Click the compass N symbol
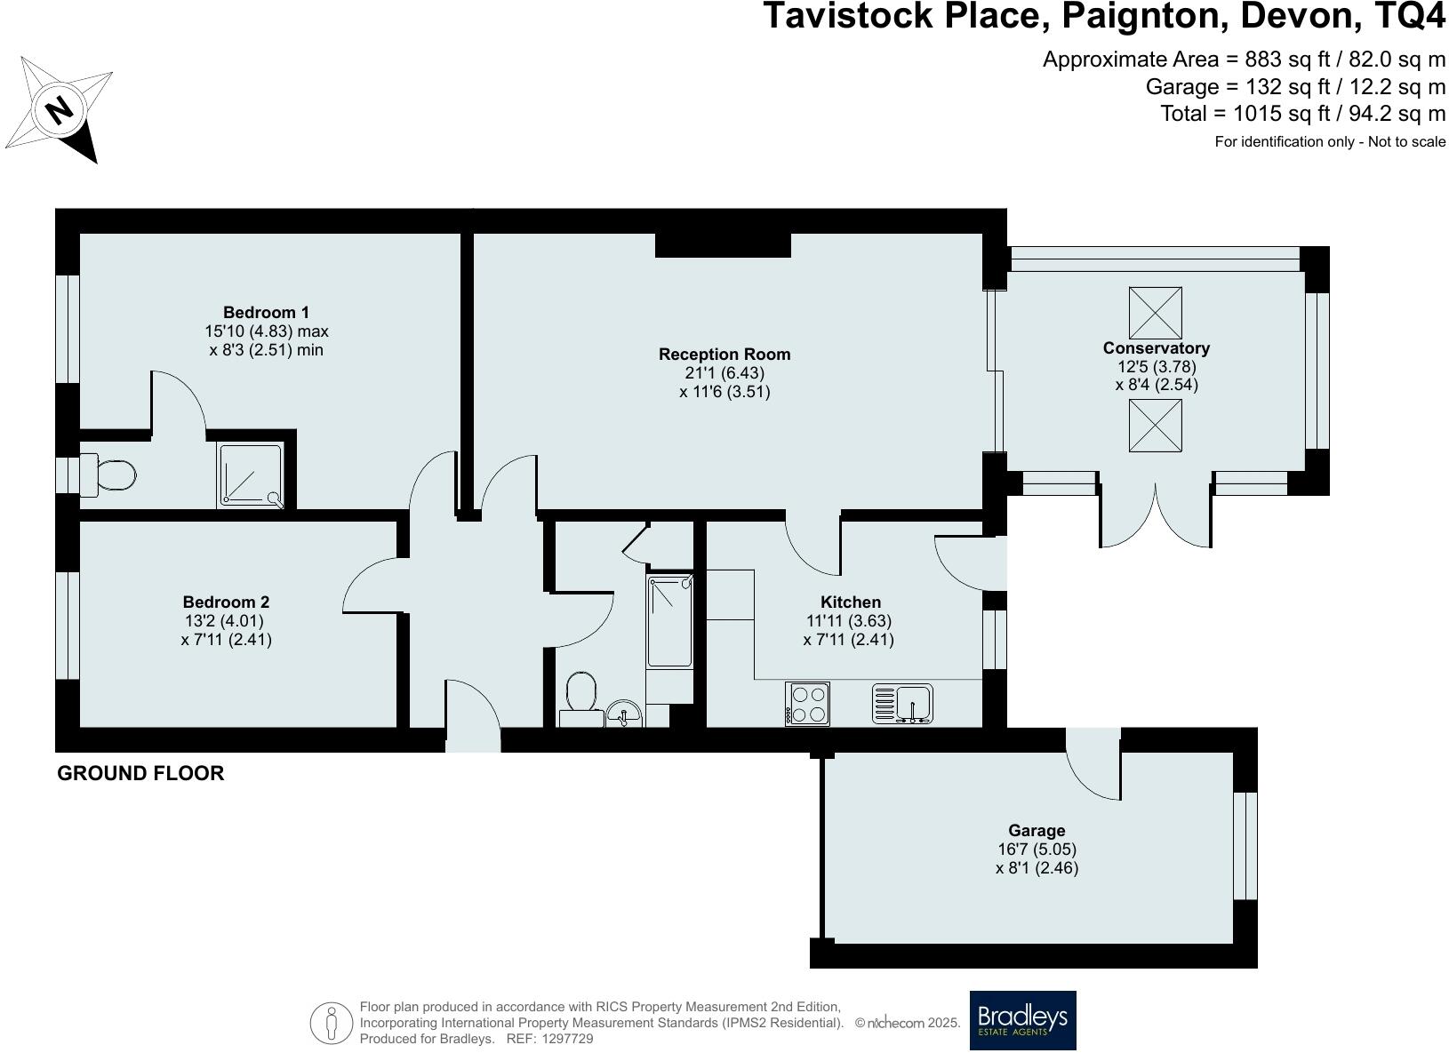coord(60,110)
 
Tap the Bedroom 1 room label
coord(266,312)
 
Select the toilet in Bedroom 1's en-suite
coord(108,475)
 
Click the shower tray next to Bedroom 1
coord(252,475)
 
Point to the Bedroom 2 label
coord(226,602)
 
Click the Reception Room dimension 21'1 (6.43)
coord(724,373)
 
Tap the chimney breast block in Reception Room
coord(723,244)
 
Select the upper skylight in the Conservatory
coord(1155,313)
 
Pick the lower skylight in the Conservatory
coord(1155,426)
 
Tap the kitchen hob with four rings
coord(807,704)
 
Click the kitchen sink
coord(903,704)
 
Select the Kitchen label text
coord(850,602)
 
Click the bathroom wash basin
coord(625,712)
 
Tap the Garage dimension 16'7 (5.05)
coord(1037,850)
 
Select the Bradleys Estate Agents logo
coord(1022,1020)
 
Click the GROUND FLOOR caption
coord(140,773)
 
